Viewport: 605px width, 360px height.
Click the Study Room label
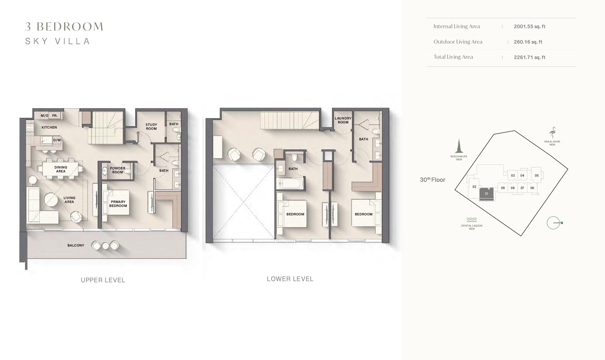point(151,126)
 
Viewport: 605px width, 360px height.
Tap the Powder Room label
point(117,170)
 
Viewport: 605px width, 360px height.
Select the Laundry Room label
point(343,120)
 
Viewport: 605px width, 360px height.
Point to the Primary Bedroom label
point(118,204)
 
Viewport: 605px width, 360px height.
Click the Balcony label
point(76,245)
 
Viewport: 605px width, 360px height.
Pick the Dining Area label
point(61,169)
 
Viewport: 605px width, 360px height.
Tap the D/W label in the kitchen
point(57,140)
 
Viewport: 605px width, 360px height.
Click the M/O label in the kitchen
point(44,116)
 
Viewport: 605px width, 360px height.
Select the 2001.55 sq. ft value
point(529,26)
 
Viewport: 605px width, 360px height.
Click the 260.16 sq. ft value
point(528,42)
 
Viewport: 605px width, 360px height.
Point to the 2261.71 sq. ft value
point(529,57)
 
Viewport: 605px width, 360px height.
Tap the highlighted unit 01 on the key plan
point(486,194)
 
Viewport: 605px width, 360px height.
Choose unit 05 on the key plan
point(537,175)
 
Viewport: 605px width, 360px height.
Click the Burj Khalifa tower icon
point(459,146)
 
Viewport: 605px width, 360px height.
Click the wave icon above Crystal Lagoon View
point(472,220)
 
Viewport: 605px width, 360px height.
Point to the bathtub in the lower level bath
point(291,183)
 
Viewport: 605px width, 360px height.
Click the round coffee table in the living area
point(51,200)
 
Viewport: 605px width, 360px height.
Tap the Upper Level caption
point(103,280)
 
